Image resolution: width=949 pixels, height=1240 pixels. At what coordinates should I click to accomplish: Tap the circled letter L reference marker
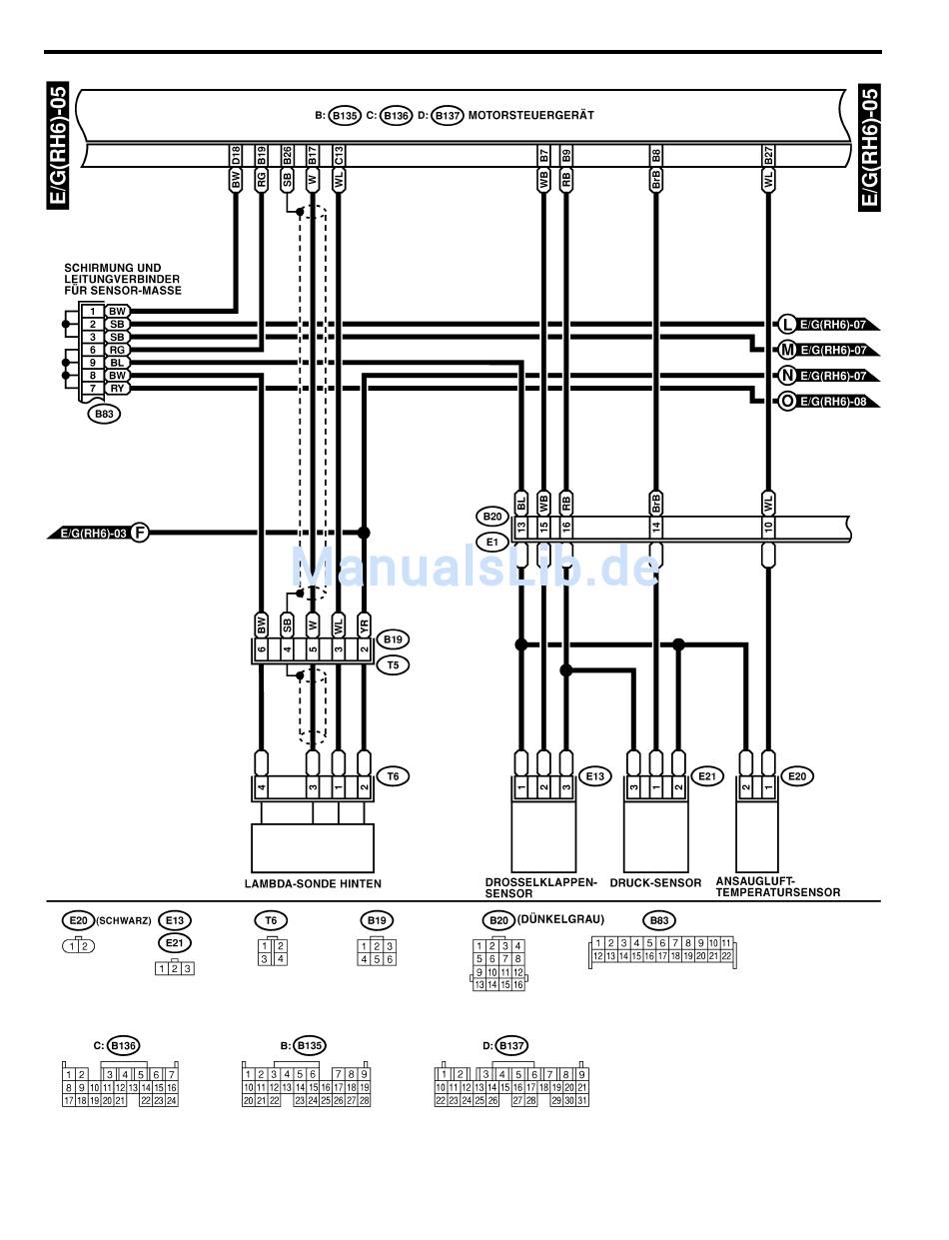point(786,324)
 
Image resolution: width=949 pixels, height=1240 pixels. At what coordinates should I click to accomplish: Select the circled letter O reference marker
point(786,402)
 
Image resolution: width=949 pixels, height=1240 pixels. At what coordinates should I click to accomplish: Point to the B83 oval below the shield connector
point(102,413)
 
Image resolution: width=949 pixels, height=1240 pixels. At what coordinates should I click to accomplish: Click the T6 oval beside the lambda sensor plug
point(397,775)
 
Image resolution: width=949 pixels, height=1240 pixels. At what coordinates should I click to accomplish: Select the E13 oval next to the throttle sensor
point(594,775)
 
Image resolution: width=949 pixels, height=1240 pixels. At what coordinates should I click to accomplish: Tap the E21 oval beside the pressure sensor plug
point(706,775)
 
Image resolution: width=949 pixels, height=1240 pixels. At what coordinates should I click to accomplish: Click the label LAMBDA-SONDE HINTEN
point(313,884)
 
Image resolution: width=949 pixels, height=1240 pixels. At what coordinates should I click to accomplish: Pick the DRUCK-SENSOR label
point(655,883)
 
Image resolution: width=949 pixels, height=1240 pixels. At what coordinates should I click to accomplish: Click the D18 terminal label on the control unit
point(236,156)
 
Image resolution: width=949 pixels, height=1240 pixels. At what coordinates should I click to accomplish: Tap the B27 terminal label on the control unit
point(768,156)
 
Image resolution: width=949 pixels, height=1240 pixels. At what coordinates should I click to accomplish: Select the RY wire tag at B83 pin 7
point(118,388)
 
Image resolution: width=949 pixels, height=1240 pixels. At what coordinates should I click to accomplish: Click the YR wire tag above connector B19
point(364,624)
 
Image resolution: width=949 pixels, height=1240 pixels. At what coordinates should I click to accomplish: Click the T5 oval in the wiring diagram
point(396,663)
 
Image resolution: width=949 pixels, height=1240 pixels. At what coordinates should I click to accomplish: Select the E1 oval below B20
point(491,542)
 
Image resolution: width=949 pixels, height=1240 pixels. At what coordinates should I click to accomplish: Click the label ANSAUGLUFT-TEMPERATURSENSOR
point(777,887)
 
